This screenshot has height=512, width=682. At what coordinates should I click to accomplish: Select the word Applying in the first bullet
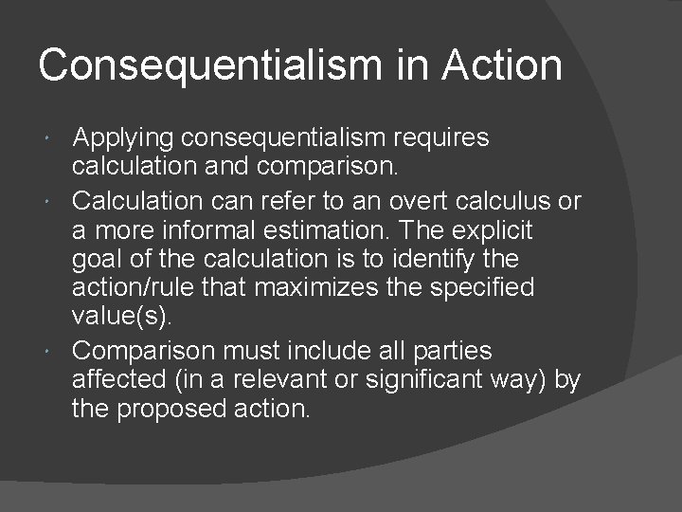pos(123,138)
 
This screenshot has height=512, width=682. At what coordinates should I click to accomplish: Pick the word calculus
pos(507,201)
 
